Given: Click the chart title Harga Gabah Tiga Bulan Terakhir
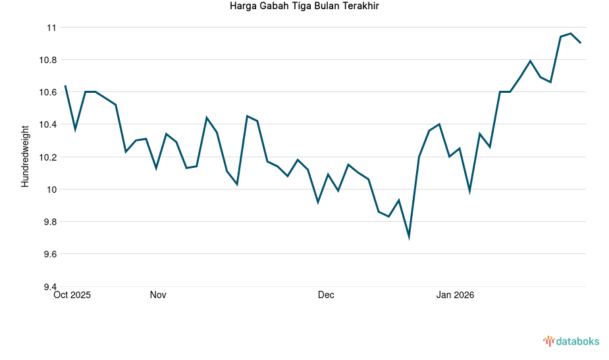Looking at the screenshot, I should pyautogui.click(x=304, y=7).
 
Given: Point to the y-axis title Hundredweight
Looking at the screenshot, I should pyautogui.click(x=25, y=156).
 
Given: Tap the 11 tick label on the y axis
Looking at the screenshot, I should pyautogui.click(x=51, y=28).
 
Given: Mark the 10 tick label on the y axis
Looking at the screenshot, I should pyautogui.click(x=51, y=190).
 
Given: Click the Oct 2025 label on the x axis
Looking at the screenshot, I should pyautogui.click(x=72, y=295).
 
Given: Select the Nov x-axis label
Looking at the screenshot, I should pyautogui.click(x=158, y=295).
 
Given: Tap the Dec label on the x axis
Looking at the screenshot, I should pyautogui.click(x=326, y=295).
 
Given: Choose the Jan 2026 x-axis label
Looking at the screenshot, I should pyautogui.click(x=455, y=295).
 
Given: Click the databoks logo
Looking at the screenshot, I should pyautogui.click(x=571, y=341).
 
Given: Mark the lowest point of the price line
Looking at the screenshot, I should pyautogui.click(x=409, y=236).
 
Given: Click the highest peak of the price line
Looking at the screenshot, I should pyautogui.click(x=571, y=34).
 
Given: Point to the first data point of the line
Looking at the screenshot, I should pyautogui.click(x=65, y=86).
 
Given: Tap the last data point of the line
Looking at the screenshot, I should pyautogui.click(x=581, y=43).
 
